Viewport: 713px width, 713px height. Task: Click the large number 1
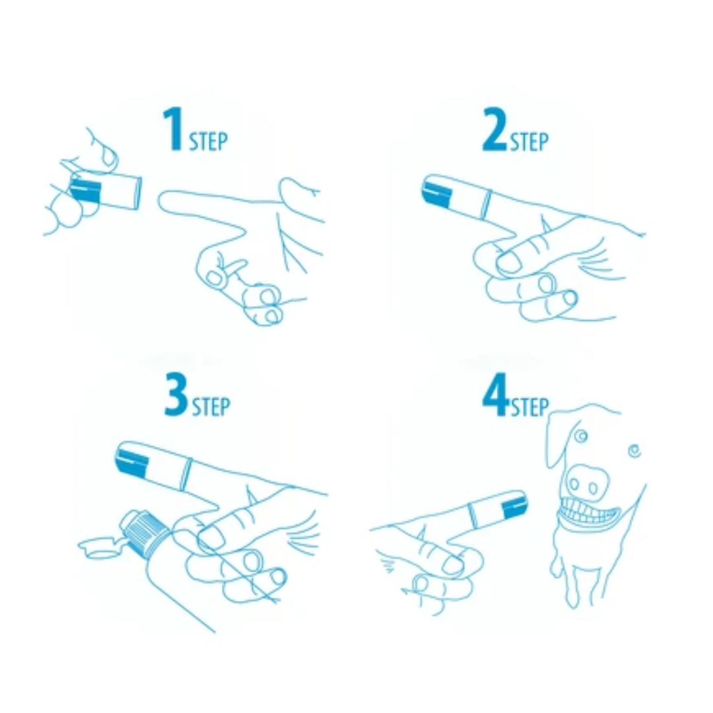click(173, 129)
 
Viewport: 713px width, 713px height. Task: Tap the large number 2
click(494, 129)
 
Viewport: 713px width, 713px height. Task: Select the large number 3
click(176, 395)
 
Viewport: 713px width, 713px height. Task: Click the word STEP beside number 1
click(208, 141)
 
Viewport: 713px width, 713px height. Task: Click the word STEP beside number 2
click(529, 141)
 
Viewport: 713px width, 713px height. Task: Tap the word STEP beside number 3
click(211, 406)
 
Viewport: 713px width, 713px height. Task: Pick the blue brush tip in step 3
click(131, 458)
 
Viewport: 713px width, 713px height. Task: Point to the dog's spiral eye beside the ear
click(580, 436)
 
